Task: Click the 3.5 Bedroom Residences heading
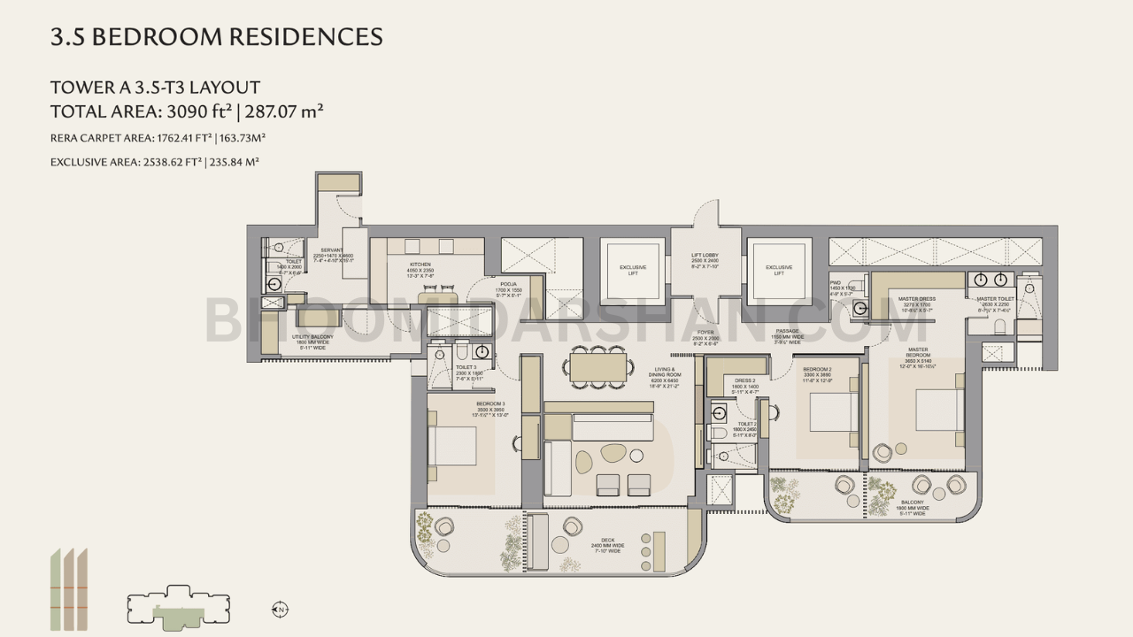click(217, 37)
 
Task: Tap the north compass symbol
click(280, 609)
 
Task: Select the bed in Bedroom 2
click(834, 412)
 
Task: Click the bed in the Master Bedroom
click(939, 410)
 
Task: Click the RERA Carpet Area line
click(158, 138)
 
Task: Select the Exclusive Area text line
click(155, 162)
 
